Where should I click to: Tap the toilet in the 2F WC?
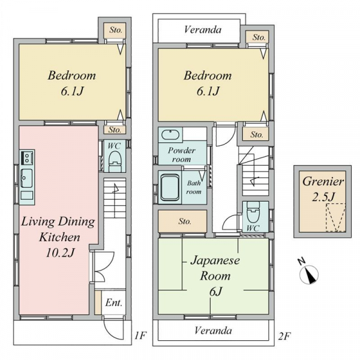coord(253,212)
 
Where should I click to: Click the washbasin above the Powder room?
coord(170,134)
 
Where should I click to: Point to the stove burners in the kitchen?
coord(27,157)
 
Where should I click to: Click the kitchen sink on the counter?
coord(27,178)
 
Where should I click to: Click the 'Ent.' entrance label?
coord(113,303)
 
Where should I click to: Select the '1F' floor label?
coord(140,335)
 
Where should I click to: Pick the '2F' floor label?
coord(284,337)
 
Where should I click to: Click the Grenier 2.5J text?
coord(323,189)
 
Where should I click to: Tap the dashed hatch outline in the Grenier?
coord(336,217)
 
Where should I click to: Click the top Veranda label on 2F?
coord(203,29)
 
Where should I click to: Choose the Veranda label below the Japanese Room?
coord(213,331)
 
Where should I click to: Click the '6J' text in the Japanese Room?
coord(215,292)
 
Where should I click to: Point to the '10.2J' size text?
coord(60,253)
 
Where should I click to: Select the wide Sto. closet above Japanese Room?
coord(182,221)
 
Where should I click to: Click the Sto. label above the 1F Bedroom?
coord(116,30)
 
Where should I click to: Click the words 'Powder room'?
coord(182,155)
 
